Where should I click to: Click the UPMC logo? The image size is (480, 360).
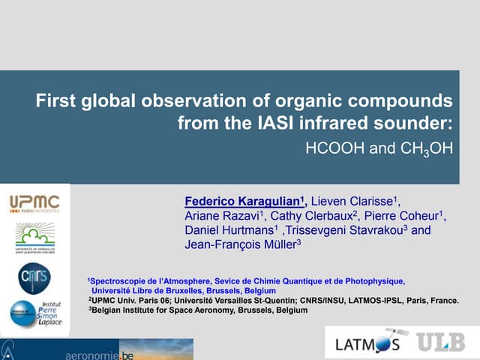35,204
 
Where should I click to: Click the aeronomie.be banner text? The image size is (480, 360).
102,352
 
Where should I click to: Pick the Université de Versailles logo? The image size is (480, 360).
35,239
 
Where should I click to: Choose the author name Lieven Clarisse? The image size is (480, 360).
353,201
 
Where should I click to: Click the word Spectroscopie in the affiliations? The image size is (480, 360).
123,281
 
